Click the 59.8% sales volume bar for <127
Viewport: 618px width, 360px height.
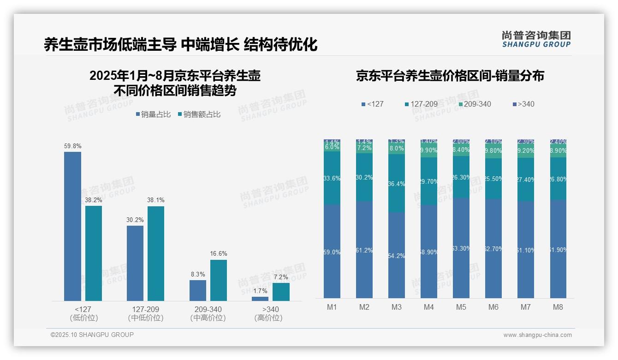click(72, 226)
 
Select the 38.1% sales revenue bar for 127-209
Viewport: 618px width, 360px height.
click(156, 253)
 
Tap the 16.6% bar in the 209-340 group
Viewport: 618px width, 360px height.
click(219, 280)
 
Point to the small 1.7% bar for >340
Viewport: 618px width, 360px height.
click(260, 299)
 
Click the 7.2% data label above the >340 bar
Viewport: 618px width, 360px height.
click(280, 277)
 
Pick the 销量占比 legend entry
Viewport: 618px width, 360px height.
click(154, 114)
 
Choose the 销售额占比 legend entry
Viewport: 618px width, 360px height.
click(199, 114)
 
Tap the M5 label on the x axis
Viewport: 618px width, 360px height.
click(461, 307)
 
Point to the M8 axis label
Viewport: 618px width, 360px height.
click(558, 307)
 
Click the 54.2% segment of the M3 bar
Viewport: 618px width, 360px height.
click(397, 255)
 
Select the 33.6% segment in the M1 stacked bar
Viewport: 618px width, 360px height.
click(332, 179)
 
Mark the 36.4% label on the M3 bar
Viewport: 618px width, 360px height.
click(397, 184)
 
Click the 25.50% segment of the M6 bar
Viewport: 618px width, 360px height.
click(493, 179)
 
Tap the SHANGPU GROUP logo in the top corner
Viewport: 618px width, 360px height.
click(536, 39)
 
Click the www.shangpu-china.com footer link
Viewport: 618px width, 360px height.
click(537, 335)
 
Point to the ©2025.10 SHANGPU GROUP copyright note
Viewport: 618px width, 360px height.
click(92, 335)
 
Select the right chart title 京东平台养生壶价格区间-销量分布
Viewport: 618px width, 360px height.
click(450, 76)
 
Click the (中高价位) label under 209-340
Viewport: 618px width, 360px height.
click(208, 318)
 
